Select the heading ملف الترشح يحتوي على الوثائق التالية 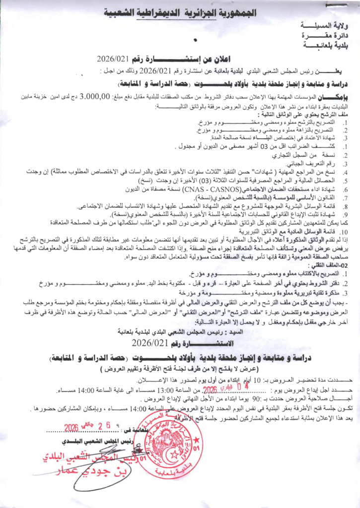(x=307, y=115)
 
